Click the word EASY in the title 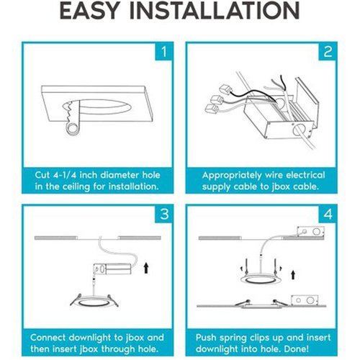tap(90, 11)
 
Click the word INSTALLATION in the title tap(215, 11)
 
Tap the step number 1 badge tap(164, 52)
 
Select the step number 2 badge tap(328, 52)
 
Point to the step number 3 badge tap(164, 214)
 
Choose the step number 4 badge tap(328, 214)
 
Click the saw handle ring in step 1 tap(72, 128)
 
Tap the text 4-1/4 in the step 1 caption tap(65, 175)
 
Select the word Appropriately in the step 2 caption tap(232, 176)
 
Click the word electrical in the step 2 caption tap(305, 175)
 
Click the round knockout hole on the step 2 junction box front tap(298, 130)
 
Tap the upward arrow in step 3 tap(146, 268)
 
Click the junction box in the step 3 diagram tap(112, 269)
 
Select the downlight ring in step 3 tap(94, 303)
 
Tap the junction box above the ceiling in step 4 tap(310, 232)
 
